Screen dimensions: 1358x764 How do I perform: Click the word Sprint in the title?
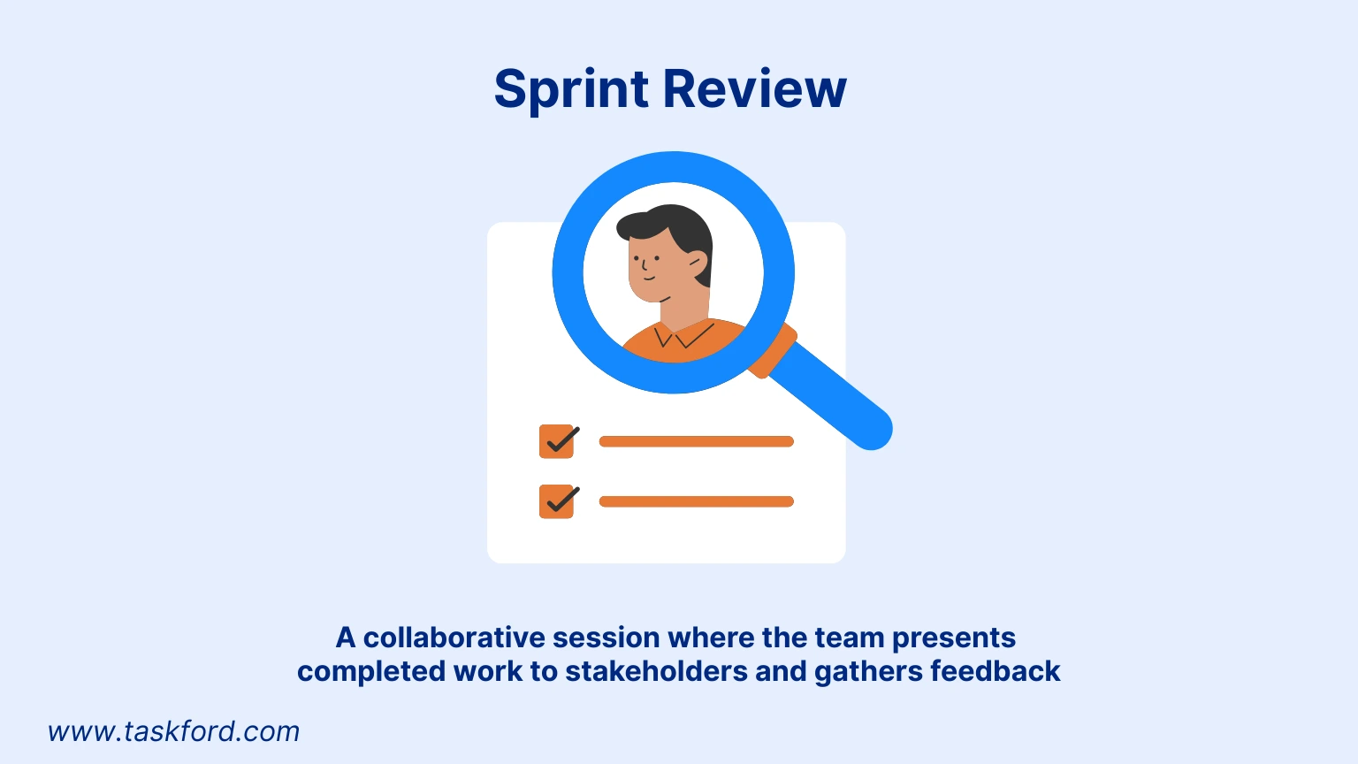[571, 89]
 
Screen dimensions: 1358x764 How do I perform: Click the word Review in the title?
[755, 88]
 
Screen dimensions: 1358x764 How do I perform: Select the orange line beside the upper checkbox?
[696, 441]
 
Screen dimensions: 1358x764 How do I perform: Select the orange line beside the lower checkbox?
[696, 501]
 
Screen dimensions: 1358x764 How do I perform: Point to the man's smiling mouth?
[649, 279]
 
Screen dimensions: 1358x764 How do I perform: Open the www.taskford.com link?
[173, 731]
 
